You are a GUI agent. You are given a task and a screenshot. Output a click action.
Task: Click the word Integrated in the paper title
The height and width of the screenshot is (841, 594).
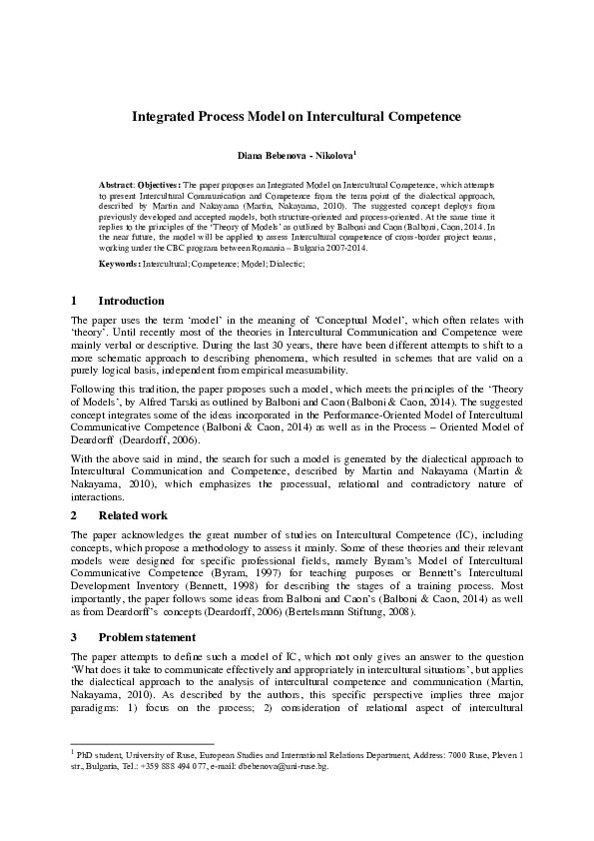click(163, 116)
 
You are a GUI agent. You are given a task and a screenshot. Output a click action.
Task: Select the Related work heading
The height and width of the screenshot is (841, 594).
click(133, 515)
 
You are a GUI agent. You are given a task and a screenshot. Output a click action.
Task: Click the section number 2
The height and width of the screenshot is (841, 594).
click(75, 515)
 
